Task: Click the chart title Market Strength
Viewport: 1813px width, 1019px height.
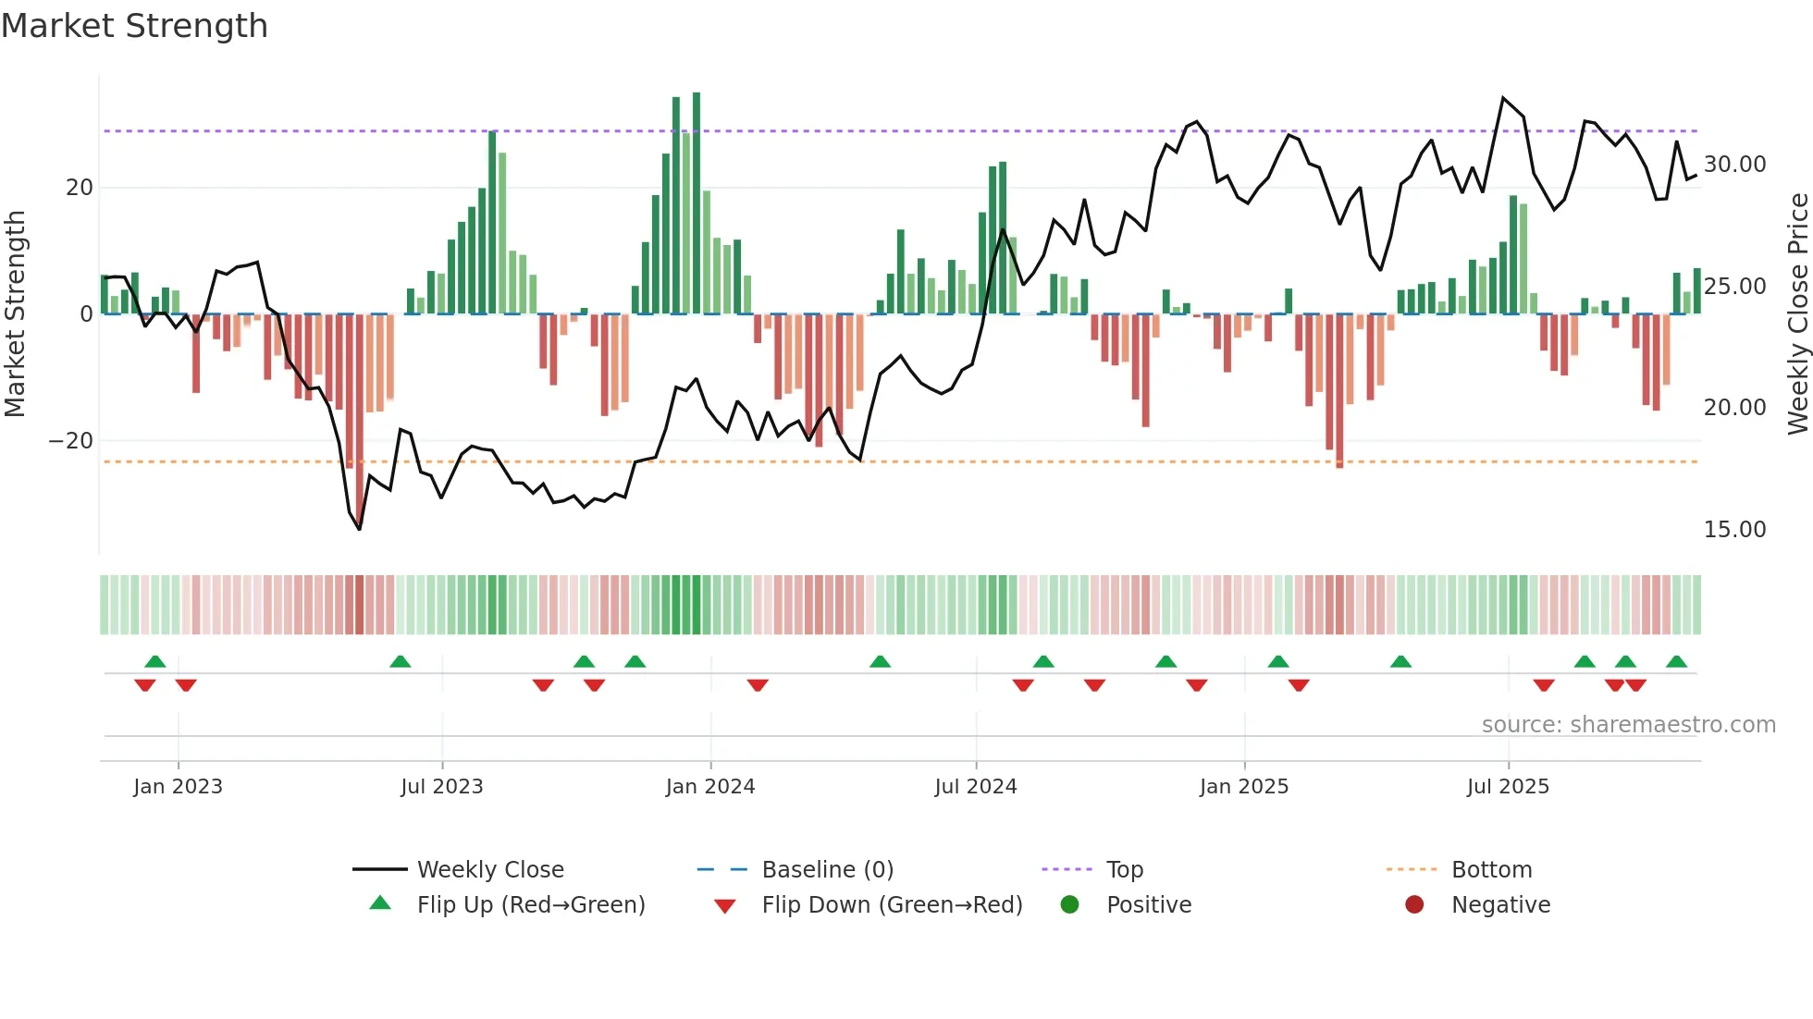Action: tap(134, 26)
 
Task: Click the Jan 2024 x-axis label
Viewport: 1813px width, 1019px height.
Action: tap(709, 787)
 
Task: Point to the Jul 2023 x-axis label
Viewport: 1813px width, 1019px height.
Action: tap(441, 787)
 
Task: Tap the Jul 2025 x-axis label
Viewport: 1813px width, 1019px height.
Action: tap(1507, 787)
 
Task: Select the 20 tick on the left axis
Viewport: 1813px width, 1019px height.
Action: tap(80, 188)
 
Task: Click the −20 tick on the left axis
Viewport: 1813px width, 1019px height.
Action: tap(71, 441)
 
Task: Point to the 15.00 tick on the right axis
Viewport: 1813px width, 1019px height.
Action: tap(1734, 530)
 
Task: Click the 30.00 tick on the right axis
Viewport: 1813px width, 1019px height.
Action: tap(1734, 165)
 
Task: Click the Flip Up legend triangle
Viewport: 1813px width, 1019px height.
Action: tap(380, 903)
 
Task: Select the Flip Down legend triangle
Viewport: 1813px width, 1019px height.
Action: tap(725, 906)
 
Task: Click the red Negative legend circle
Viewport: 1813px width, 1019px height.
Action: tap(1414, 905)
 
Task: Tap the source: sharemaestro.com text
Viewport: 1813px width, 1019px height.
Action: tap(1628, 725)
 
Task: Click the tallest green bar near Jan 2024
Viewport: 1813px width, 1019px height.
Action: tap(697, 203)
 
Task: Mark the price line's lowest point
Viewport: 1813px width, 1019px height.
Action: tap(360, 529)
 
